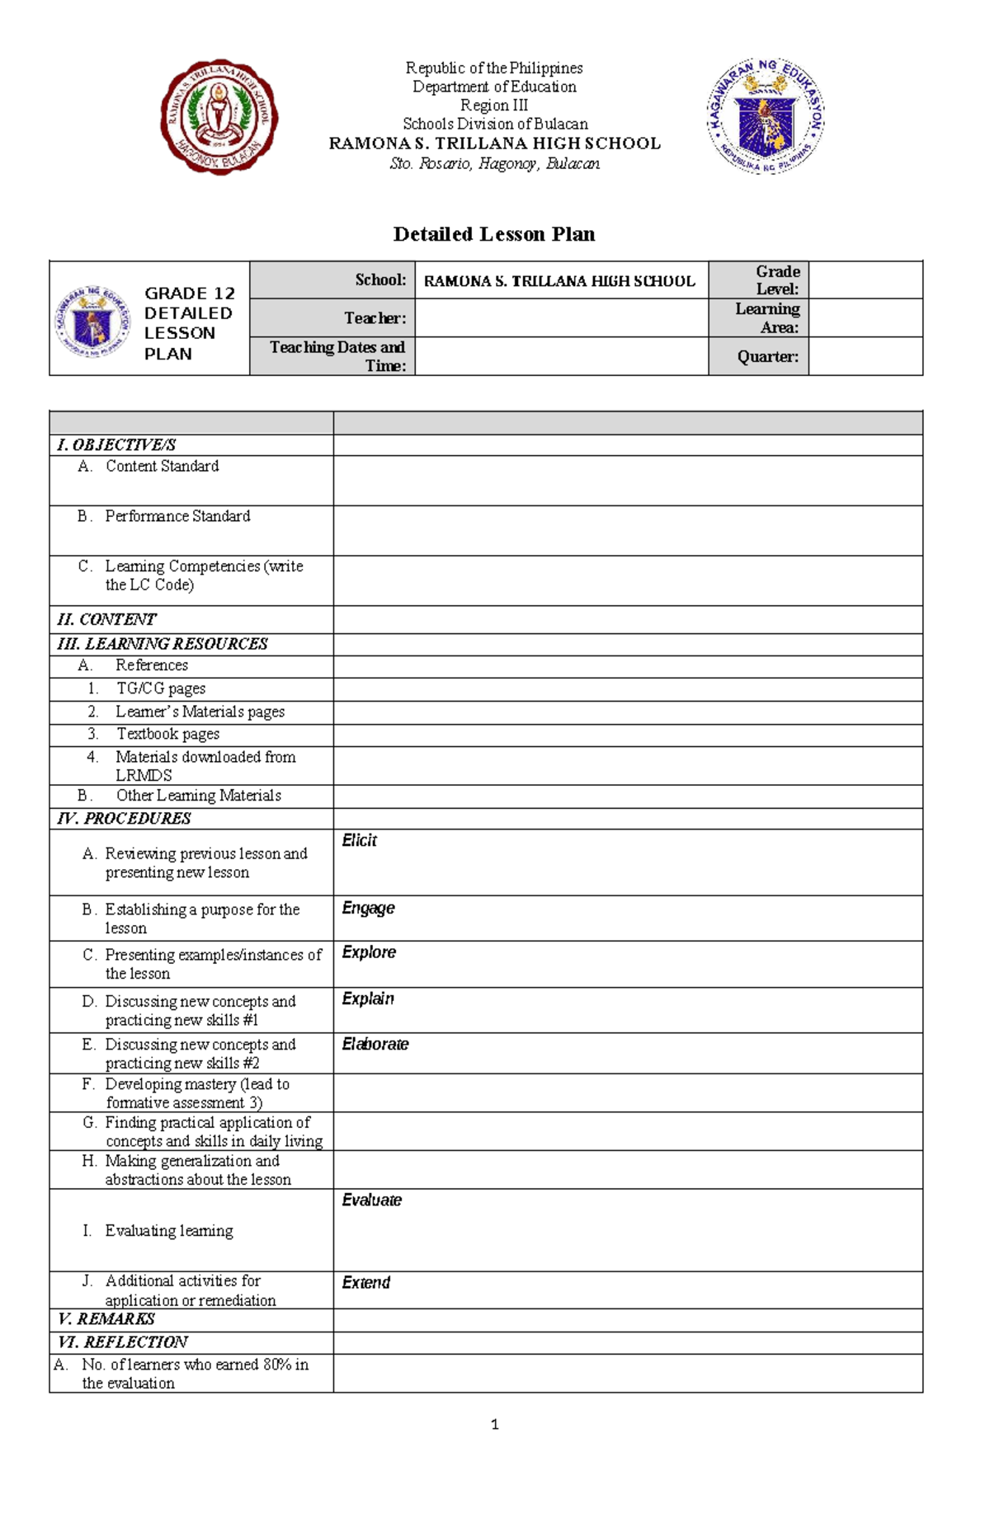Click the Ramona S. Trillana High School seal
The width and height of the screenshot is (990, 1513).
tap(219, 117)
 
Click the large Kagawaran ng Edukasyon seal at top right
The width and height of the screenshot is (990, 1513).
tap(766, 116)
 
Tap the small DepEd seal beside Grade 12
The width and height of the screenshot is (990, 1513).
tap(92, 322)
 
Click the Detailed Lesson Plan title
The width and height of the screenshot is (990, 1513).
tap(493, 234)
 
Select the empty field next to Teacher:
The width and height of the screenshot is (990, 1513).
tap(561, 317)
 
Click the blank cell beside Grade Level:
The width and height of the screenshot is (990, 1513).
tap(865, 280)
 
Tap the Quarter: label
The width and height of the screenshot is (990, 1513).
tap(767, 357)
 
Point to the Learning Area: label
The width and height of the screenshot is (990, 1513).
tap(767, 317)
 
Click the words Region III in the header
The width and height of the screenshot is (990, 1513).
tap(493, 106)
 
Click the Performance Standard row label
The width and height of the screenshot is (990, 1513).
tap(177, 516)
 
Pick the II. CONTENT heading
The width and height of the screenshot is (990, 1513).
tap(106, 619)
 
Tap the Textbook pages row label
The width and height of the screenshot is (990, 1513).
tap(167, 734)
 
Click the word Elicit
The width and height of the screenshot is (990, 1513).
tap(360, 840)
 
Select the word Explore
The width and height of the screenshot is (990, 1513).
tap(369, 952)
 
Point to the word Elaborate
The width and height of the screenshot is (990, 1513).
tap(375, 1044)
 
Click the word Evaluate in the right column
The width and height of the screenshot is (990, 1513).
tap(372, 1200)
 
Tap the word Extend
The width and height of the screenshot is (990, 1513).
tap(366, 1282)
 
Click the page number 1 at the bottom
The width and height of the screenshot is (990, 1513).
tap(494, 1424)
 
